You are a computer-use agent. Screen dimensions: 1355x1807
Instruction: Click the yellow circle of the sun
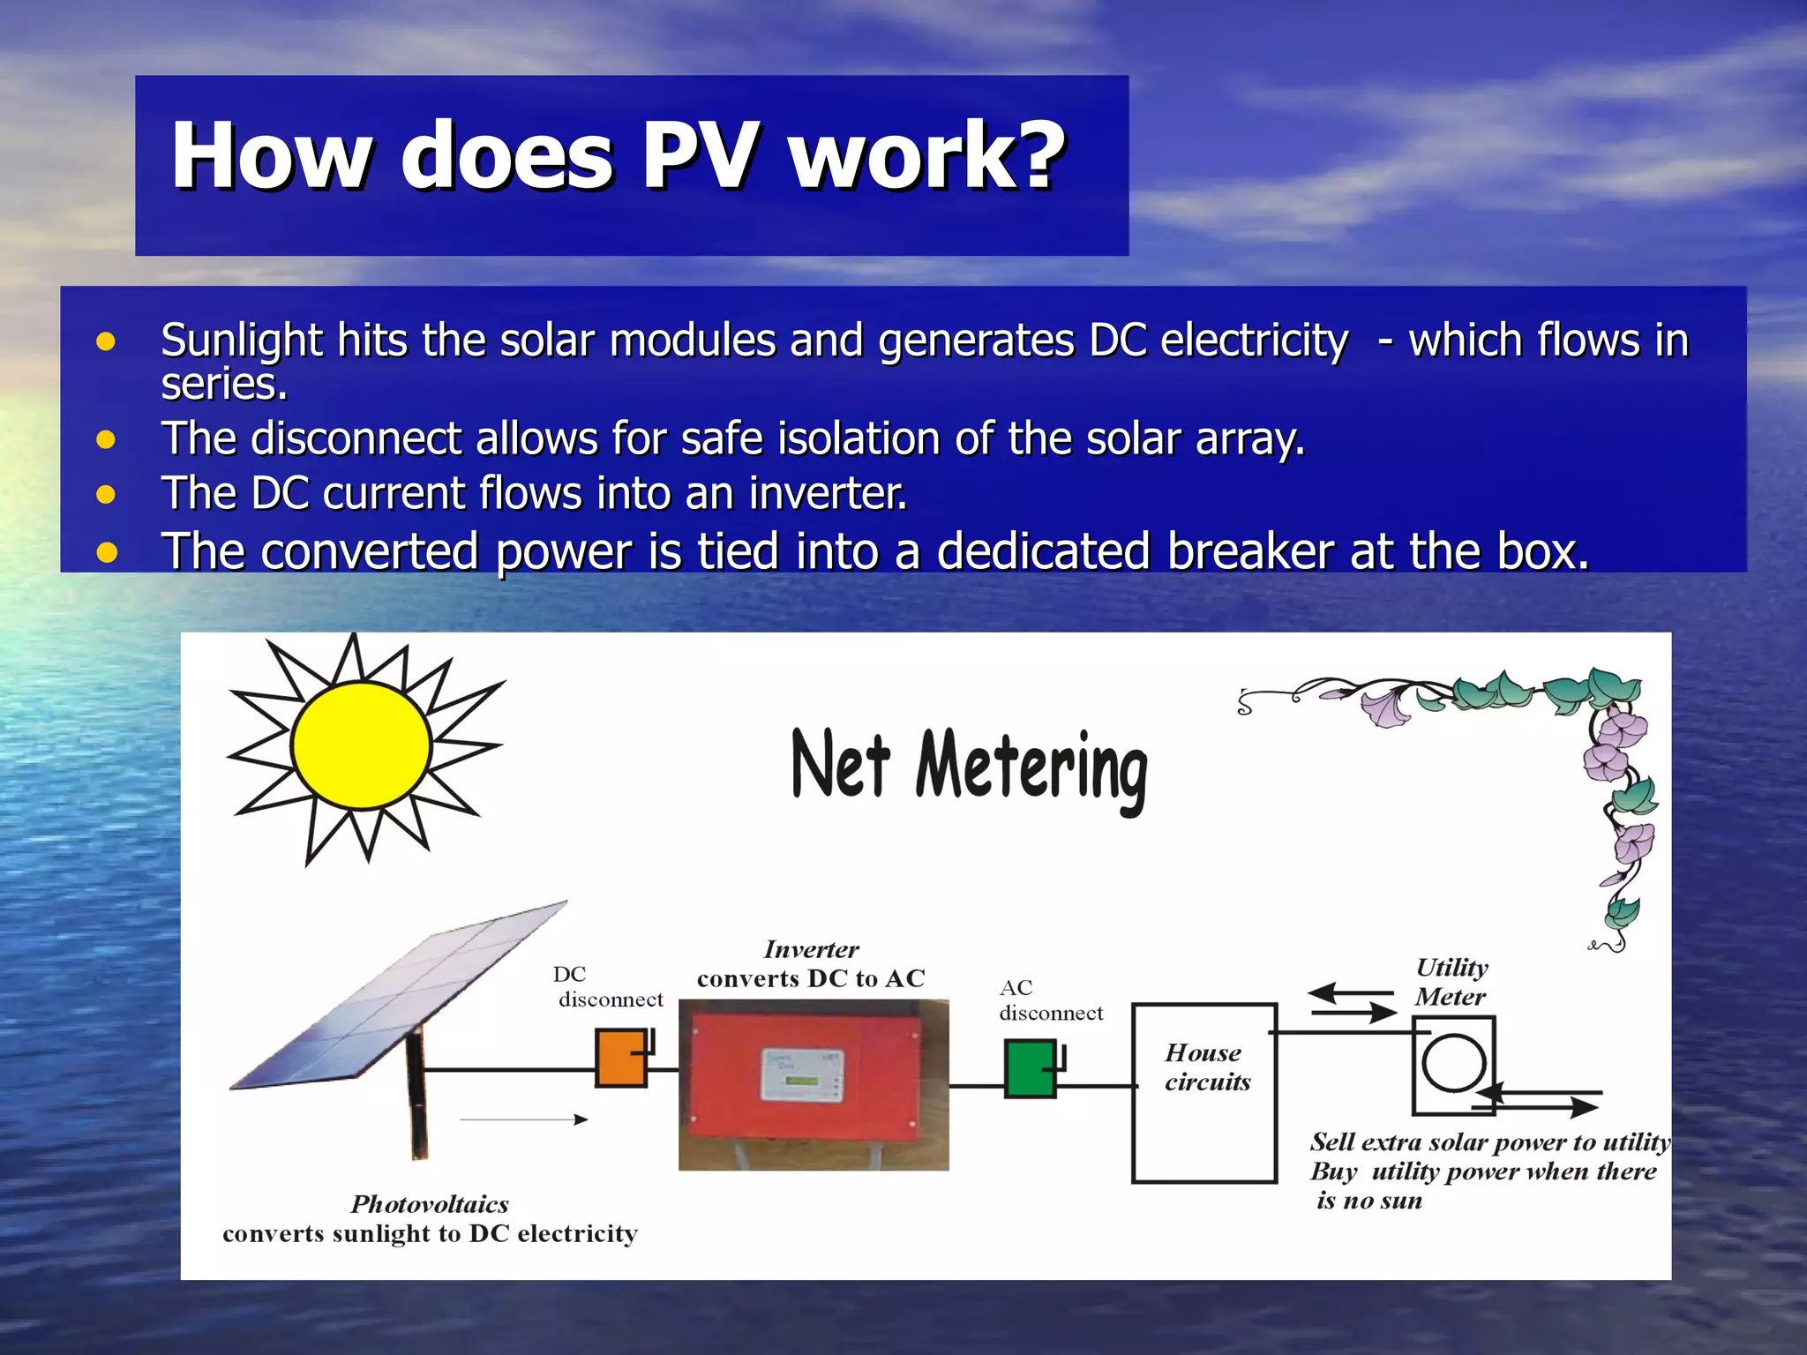pyautogui.click(x=361, y=745)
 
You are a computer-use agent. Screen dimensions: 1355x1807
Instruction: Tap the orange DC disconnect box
pyautogui.click(x=620, y=1058)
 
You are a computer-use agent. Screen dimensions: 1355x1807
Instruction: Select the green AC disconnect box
pyautogui.click(x=1030, y=1068)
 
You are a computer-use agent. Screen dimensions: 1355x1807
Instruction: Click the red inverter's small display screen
pyautogui.click(x=802, y=1074)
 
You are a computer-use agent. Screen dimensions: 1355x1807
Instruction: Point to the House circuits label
pyautogui.click(x=1206, y=1067)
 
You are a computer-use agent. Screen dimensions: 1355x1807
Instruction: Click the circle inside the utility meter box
pyautogui.click(x=1453, y=1062)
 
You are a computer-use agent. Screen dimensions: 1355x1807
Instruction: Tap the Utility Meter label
pyautogui.click(x=1451, y=982)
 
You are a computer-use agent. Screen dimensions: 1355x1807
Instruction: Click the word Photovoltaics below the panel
pyautogui.click(x=430, y=1204)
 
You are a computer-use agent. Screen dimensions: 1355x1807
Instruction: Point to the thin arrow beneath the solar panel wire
pyautogui.click(x=524, y=1119)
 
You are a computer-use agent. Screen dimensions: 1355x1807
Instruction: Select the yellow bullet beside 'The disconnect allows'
pyautogui.click(x=106, y=439)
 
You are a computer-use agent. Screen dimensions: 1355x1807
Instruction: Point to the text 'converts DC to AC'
pyautogui.click(x=810, y=978)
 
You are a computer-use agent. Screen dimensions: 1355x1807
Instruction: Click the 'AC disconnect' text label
pyautogui.click(x=1050, y=1000)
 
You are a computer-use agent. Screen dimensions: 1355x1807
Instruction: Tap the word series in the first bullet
pyautogui.click(x=224, y=385)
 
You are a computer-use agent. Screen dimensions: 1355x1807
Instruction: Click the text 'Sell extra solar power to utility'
pyautogui.click(x=1489, y=1142)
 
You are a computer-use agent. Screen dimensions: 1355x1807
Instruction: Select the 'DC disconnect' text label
pyautogui.click(x=608, y=987)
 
